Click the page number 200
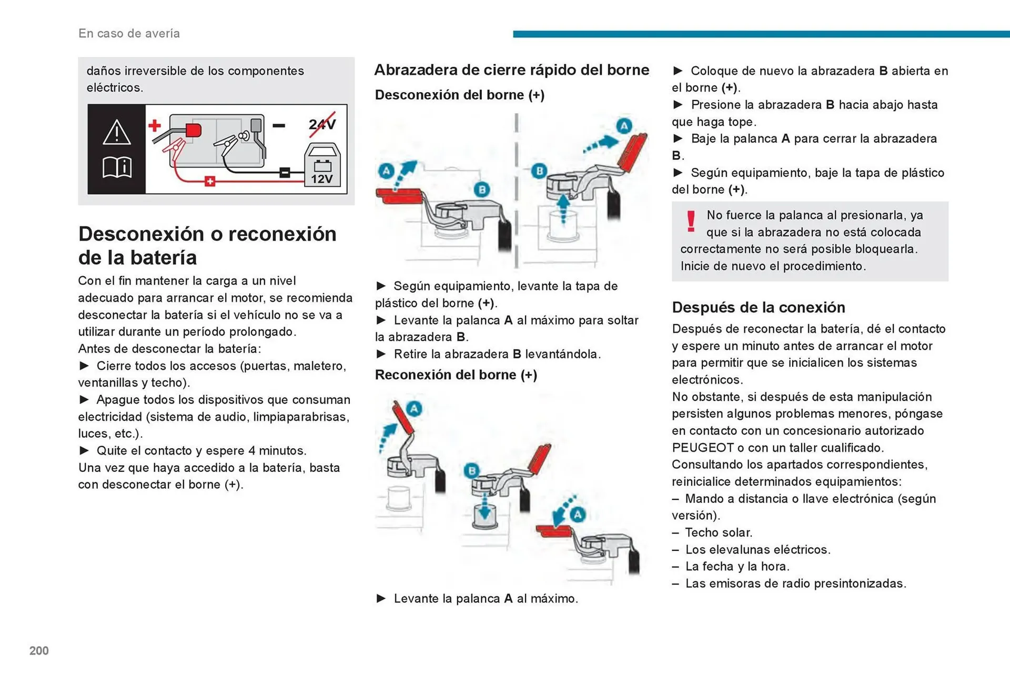pos(39,650)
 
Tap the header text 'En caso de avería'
pos(129,33)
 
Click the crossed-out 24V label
pos(322,125)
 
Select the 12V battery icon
pos(322,166)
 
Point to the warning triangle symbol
pos(116,132)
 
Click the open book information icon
pos(116,167)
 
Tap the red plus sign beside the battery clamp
pos(155,125)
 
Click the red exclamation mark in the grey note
pos(691,222)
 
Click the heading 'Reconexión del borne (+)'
pos(456,375)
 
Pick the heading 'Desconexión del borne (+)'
pos(459,95)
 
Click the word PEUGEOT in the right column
pos(702,448)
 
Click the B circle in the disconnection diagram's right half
pos(539,171)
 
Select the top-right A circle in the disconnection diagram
pos(623,126)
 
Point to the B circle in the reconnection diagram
pos(472,470)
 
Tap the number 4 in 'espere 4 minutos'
pos(251,450)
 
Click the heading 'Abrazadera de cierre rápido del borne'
pos(511,70)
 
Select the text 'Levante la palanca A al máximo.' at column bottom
pos(486,598)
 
